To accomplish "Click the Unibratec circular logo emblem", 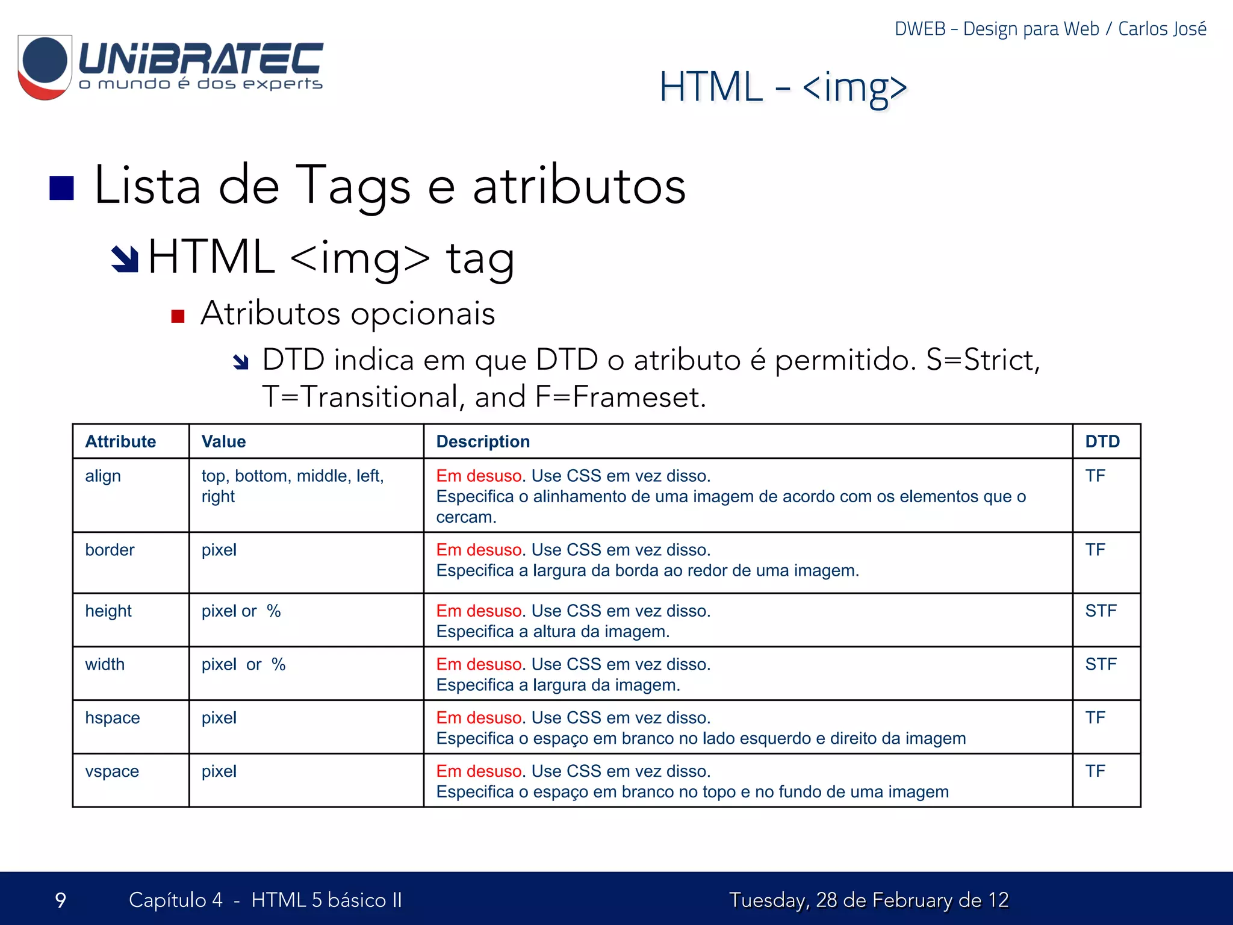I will click(x=45, y=66).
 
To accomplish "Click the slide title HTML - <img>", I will click(x=783, y=87).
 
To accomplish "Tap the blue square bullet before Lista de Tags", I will click(x=61, y=188).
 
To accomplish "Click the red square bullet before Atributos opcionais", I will click(x=178, y=316).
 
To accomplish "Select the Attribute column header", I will click(x=120, y=441).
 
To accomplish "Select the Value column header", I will click(x=223, y=441).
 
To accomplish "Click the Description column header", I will click(x=483, y=441).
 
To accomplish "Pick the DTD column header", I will click(x=1102, y=441).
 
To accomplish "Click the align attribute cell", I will click(x=103, y=476).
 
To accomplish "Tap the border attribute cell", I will click(x=110, y=550).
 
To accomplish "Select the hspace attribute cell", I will click(x=113, y=718).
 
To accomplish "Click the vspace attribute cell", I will click(x=112, y=771).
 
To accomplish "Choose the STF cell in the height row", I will click(x=1101, y=611).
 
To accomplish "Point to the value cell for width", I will click(x=243, y=664).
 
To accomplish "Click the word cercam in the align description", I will click(x=465, y=517).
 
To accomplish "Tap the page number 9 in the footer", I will click(x=60, y=900).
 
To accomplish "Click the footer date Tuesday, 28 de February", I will click(x=868, y=900).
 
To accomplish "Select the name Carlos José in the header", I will click(x=1162, y=29).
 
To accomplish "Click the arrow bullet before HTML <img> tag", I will click(x=125, y=259).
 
